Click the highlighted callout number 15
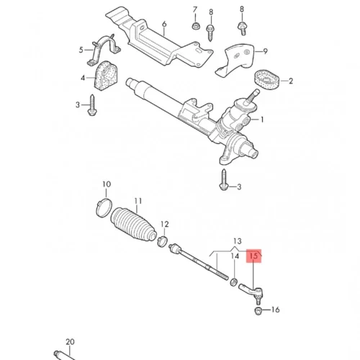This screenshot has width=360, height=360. (253, 256)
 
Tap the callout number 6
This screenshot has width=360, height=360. (164, 24)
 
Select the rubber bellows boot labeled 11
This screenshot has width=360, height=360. (134, 225)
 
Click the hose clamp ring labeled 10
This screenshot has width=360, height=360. (104, 207)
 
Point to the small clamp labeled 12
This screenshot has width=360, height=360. (162, 241)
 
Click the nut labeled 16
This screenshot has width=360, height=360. (258, 311)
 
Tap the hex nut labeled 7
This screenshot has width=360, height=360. (195, 26)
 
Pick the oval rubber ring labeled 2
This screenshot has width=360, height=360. (266, 80)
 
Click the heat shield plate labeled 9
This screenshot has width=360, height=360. (236, 59)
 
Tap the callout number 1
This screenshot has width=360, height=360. (262, 120)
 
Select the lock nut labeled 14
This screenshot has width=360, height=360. (234, 282)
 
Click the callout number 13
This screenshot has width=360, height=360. (238, 241)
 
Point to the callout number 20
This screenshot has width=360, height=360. (70, 342)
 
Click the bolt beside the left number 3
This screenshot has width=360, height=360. (92, 105)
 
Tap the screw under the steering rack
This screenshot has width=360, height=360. (223, 180)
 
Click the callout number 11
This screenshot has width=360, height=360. (138, 201)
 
